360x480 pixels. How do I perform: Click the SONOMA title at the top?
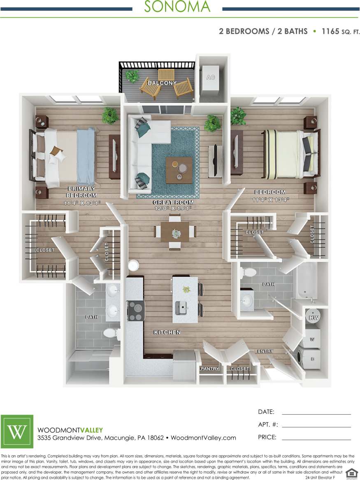click(x=177, y=7)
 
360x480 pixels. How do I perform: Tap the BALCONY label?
click(x=162, y=83)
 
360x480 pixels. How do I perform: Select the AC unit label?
click(x=210, y=77)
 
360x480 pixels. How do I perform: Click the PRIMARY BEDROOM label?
click(x=81, y=192)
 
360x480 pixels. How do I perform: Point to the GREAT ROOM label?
click(x=173, y=202)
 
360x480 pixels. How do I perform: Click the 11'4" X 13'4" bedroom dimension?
click(x=270, y=200)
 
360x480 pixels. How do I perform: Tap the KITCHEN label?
click(x=167, y=332)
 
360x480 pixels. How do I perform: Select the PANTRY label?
click(x=210, y=369)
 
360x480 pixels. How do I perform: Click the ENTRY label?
click(x=265, y=351)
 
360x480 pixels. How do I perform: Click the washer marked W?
click(x=312, y=339)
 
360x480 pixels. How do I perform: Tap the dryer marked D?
click(x=312, y=359)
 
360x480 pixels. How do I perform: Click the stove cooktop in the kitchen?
click(x=135, y=311)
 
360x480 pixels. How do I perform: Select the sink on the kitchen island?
click(x=181, y=306)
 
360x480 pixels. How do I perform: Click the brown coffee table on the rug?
click(x=179, y=170)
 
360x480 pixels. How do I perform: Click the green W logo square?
click(x=17, y=431)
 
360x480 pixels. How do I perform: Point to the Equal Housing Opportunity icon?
click(x=351, y=473)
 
